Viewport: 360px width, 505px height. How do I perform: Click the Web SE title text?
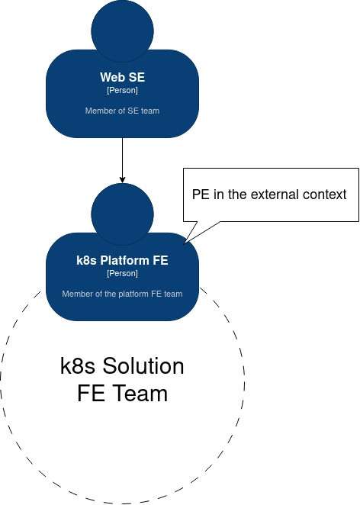122,77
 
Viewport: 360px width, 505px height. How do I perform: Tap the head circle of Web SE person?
122,31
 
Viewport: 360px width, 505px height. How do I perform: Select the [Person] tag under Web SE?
122,90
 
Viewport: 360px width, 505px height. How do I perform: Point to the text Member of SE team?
122,111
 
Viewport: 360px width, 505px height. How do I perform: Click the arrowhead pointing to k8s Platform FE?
122,180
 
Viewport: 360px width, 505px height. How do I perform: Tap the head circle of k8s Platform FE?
122,214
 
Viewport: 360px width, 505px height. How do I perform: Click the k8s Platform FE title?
122,260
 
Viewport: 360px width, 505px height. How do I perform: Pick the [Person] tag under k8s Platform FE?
122,273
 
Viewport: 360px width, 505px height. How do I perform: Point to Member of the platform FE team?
122,294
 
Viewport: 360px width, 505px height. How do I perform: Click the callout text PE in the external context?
269,195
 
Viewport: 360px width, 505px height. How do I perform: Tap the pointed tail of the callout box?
184,244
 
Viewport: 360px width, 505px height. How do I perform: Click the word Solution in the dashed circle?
143,366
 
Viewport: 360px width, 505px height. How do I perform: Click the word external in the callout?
275,195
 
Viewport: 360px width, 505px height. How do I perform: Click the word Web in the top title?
110,77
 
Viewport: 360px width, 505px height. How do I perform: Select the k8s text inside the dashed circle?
78,366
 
